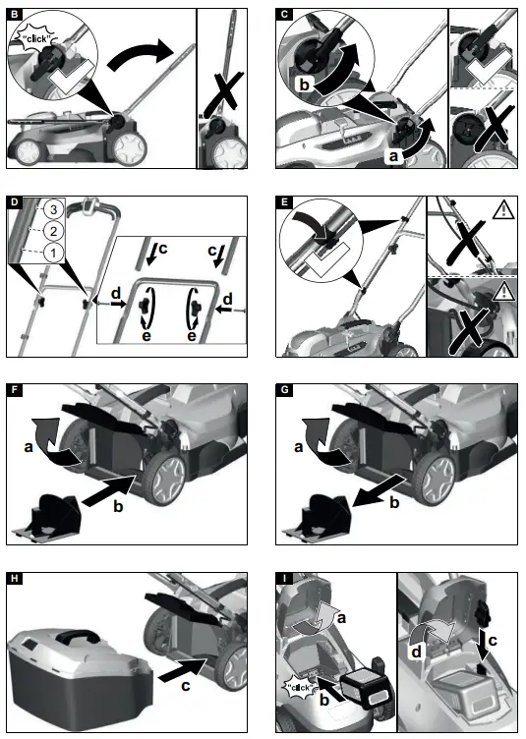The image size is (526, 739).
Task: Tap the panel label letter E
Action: point(284,203)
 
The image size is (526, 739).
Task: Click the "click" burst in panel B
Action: point(35,37)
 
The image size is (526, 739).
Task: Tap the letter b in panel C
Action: point(305,86)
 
